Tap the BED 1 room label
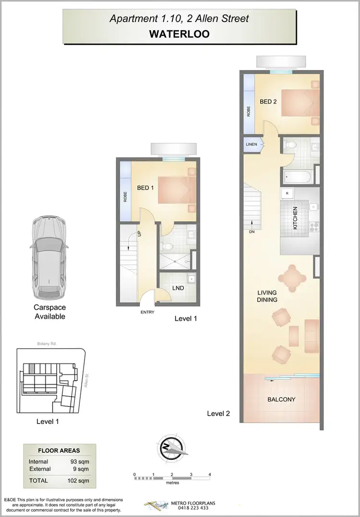click(x=145, y=188)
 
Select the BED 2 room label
click(x=268, y=102)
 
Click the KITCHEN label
click(x=295, y=217)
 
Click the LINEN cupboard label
click(x=252, y=144)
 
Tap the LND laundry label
click(x=179, y=288)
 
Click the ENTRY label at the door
click(x=147, y=312)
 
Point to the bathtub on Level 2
click(x=298, y=177)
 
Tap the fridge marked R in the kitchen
click(x=287, y=193)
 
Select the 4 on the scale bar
click(x=210, y=474)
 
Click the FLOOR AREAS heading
click(x=59, y=451)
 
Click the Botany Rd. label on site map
click(x=47, y=344)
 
